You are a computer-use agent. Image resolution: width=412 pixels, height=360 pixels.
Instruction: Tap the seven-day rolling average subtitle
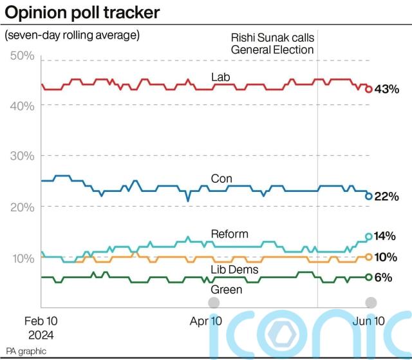pyautogui.click(x=71, y=35)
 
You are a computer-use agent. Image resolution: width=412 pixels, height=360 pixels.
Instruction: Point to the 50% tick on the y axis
pyautogui.click(x=23, y=57)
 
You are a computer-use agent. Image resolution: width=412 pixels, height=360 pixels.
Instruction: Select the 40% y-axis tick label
pyautogui.click(x=23, y=106)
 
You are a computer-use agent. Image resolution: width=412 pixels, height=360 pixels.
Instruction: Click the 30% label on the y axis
pyautogui.click(x=23, y=156)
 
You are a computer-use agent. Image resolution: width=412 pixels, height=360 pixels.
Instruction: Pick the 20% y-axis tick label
pyautogui.click(x=23, y=207)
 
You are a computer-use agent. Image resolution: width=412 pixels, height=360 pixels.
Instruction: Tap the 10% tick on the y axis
pyautogui.click(x=23, y=258)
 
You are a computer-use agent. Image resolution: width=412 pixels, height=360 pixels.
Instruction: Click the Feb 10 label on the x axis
pyautogui.click(x=42, y=320)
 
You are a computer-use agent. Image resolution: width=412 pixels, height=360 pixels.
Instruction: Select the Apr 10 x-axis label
pyautogui.click(x=206, y=320)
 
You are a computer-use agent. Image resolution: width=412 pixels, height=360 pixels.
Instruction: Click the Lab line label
pyautogui.click(x=221, y=77)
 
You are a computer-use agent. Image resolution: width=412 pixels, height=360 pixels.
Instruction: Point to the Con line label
pyautogui.click(x=221, y=178)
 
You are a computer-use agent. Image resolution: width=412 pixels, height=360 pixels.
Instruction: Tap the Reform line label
pyautogui.click(x=229, y=233)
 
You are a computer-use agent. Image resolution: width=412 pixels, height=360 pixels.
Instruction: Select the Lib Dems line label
pyautogui.click(x=234, y=269)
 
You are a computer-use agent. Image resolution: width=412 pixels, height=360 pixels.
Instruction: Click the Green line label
pyautogui.click(x=227, y=289)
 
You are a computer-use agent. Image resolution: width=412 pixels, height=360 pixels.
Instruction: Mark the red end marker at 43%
pyautogui.click(x=369, y=90)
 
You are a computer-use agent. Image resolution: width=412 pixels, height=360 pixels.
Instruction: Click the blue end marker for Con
pyautogui.click(x=369, y=196)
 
